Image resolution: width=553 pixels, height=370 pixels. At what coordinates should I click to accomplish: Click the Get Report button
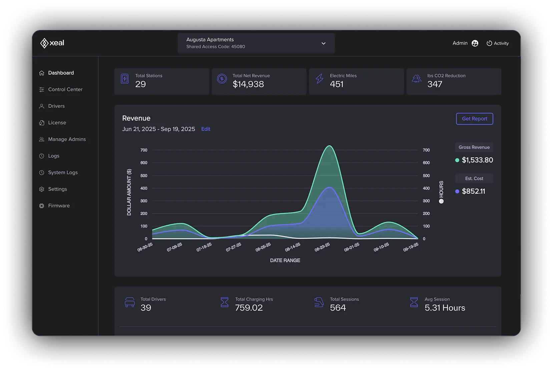(x=474, y=119)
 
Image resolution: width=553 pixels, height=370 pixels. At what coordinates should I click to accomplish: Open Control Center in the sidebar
(x=65, y=89)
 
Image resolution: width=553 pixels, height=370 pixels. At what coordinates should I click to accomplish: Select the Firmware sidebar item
(x=59, y=206)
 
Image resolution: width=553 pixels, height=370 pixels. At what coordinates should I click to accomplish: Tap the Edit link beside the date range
(x=205, y=129)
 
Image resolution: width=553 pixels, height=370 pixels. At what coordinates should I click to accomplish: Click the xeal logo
(x=52, y=43)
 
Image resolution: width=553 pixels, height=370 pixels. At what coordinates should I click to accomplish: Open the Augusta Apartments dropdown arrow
(x=323, y=43)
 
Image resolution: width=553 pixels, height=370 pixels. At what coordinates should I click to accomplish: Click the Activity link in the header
(x=498, y=43)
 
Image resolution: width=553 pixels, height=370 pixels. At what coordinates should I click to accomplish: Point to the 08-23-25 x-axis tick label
(x=322, y=247)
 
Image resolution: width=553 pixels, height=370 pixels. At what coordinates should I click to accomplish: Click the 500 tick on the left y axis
(x=144, y=175)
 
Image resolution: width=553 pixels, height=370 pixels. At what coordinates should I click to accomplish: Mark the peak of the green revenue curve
(x=329, y=146)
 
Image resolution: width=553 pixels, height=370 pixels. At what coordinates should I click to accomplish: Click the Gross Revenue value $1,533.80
(x=477, y=160)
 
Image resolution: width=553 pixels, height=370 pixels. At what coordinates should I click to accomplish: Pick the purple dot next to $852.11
(x=457, y=192)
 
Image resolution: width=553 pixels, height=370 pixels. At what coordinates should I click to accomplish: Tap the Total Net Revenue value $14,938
(x=248, y=84)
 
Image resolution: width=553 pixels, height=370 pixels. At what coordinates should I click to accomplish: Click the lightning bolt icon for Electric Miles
(x=319, y=79)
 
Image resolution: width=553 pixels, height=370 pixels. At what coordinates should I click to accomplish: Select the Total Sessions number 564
(x=338, y=308)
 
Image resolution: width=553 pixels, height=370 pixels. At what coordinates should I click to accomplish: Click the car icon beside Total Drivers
(x=130, y=302)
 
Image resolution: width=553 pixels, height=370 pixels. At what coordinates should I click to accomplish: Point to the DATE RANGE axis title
(x=285, y=260)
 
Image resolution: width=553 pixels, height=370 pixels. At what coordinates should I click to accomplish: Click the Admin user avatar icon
(x=475, y=43)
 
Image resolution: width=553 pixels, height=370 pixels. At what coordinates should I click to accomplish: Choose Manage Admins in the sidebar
(x=67, y=139)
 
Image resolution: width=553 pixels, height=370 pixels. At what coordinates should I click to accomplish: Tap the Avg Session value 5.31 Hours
(x=445, y=308)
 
